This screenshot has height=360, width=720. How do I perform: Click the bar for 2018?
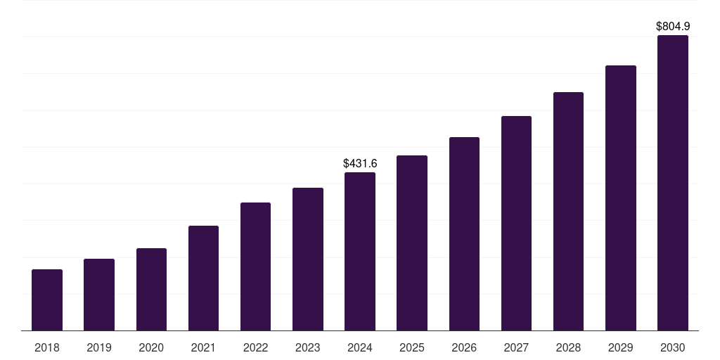coord(47,300)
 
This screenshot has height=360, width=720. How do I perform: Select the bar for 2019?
coord(99,295)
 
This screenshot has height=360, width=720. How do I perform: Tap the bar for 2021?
coord(203,278)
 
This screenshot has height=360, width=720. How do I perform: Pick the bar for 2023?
coord(308,259)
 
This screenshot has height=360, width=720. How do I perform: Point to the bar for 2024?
coord(360,252)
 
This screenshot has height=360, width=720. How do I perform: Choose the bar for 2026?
coord(464,234)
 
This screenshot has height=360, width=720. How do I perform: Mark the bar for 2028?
coord(568,212)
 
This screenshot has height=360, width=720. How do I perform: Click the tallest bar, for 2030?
coord(673,183)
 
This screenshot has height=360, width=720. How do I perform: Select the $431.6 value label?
coord(360,163)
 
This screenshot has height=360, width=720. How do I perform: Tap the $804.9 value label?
coord(673,26)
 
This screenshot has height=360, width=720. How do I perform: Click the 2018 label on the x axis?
coord(47,347)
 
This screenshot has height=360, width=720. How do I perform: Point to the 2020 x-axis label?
coord(151,347)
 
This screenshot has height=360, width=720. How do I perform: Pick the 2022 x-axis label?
coord(255,347)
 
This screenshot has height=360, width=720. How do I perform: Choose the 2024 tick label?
coord(360,347)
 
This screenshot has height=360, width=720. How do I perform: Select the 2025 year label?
coord(412,347)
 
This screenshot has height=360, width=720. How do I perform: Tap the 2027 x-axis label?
coord(516,347)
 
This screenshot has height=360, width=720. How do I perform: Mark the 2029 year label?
coord(620,347)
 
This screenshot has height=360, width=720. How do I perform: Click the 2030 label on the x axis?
coord(673,347)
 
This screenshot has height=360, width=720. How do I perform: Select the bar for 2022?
coord(255,266)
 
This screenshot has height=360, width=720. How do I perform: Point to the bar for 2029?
coord(620,198)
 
